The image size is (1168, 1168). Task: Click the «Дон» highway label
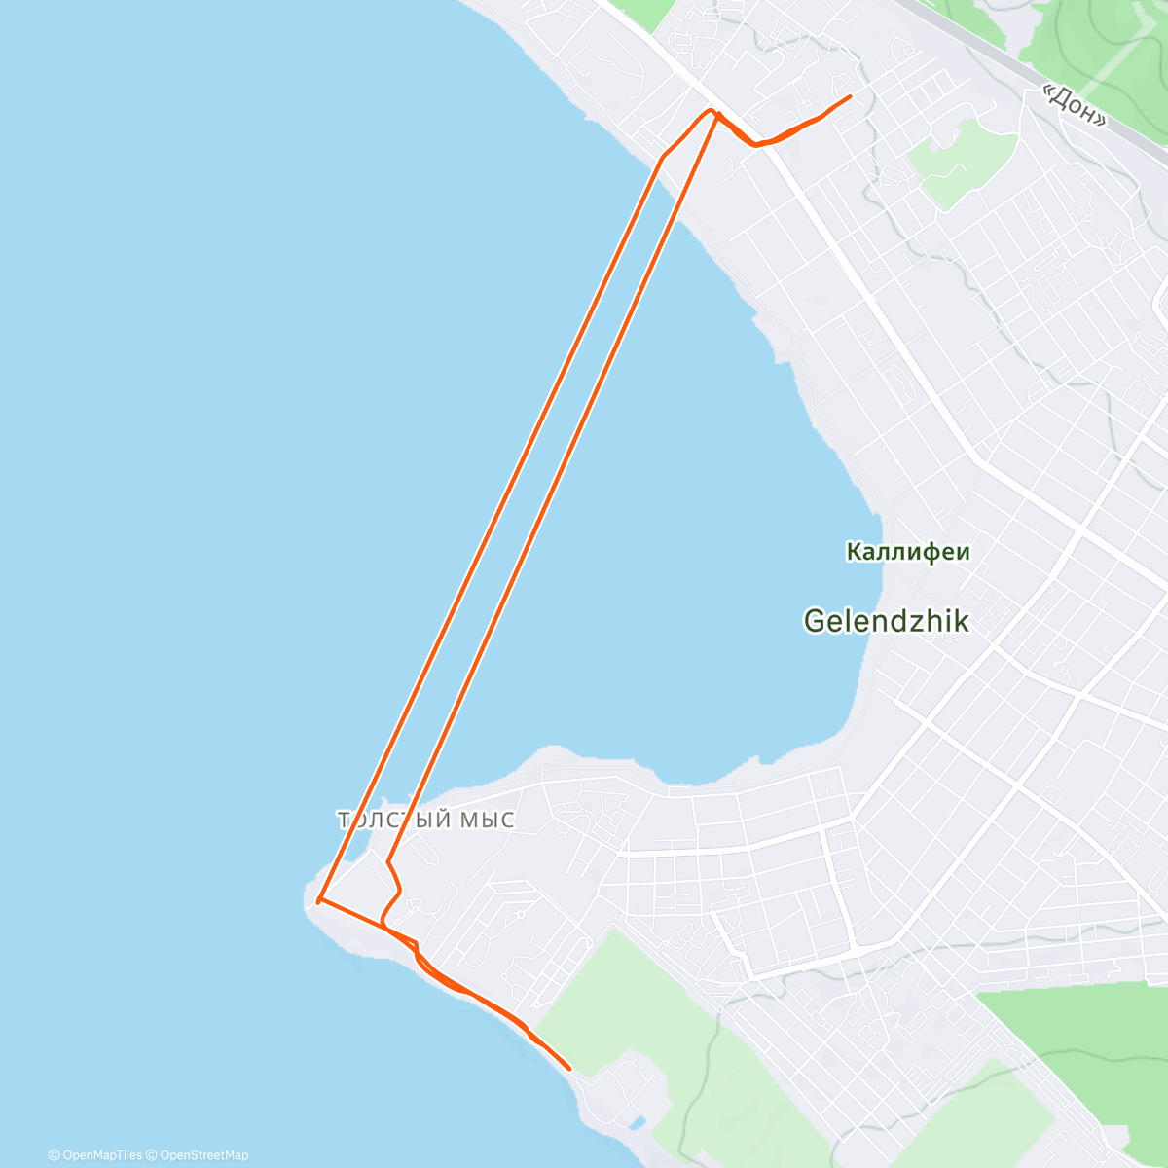(x=1074, y=105)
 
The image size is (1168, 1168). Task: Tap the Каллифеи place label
(x=908, y=552)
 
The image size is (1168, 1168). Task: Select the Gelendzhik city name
(x=886, y=620)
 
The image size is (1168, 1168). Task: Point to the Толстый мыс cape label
(x=425, y=820)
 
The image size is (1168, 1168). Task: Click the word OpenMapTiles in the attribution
(x=101, y=1155)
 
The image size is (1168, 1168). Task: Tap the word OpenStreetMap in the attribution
(x=203, y=1155)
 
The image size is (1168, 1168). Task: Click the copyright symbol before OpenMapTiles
(x=54, y=1155)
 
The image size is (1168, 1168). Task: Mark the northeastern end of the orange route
(x=851, y=96)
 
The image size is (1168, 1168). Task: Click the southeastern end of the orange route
(x=568, y=1069)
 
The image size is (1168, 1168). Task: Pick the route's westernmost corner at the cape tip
(x=318, y=902)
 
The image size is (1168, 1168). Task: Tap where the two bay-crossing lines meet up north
(x=713, y=112)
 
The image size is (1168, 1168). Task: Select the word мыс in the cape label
(x=486, y=820)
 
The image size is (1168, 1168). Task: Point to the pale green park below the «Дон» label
(x=959, y=161)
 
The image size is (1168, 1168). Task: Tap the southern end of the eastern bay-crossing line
(x=388, y=861)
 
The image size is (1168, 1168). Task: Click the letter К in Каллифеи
(x=854, y=552)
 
